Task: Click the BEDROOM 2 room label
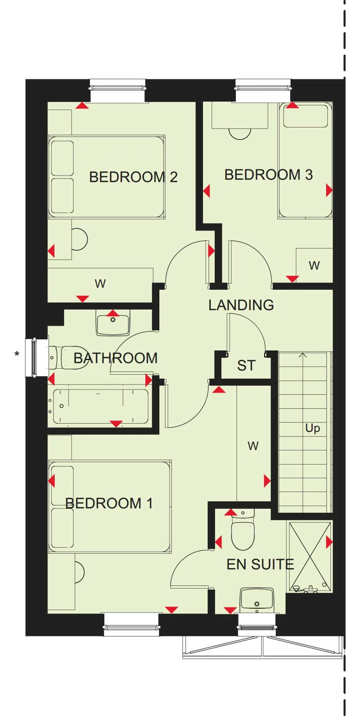133,177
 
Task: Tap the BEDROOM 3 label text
268,175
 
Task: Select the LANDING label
241,305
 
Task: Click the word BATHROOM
116,358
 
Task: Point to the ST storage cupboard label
246,365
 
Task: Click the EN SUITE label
260,564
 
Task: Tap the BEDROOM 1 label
109,503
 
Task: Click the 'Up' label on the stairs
312,428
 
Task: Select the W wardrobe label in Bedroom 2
100,284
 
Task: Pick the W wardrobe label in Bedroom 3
314,265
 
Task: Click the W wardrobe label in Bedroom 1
253,446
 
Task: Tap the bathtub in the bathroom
100,406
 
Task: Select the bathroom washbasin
113,322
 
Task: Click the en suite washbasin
257,600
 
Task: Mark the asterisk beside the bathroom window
17,354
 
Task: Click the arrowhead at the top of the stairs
303,355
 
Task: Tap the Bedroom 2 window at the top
118,86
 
